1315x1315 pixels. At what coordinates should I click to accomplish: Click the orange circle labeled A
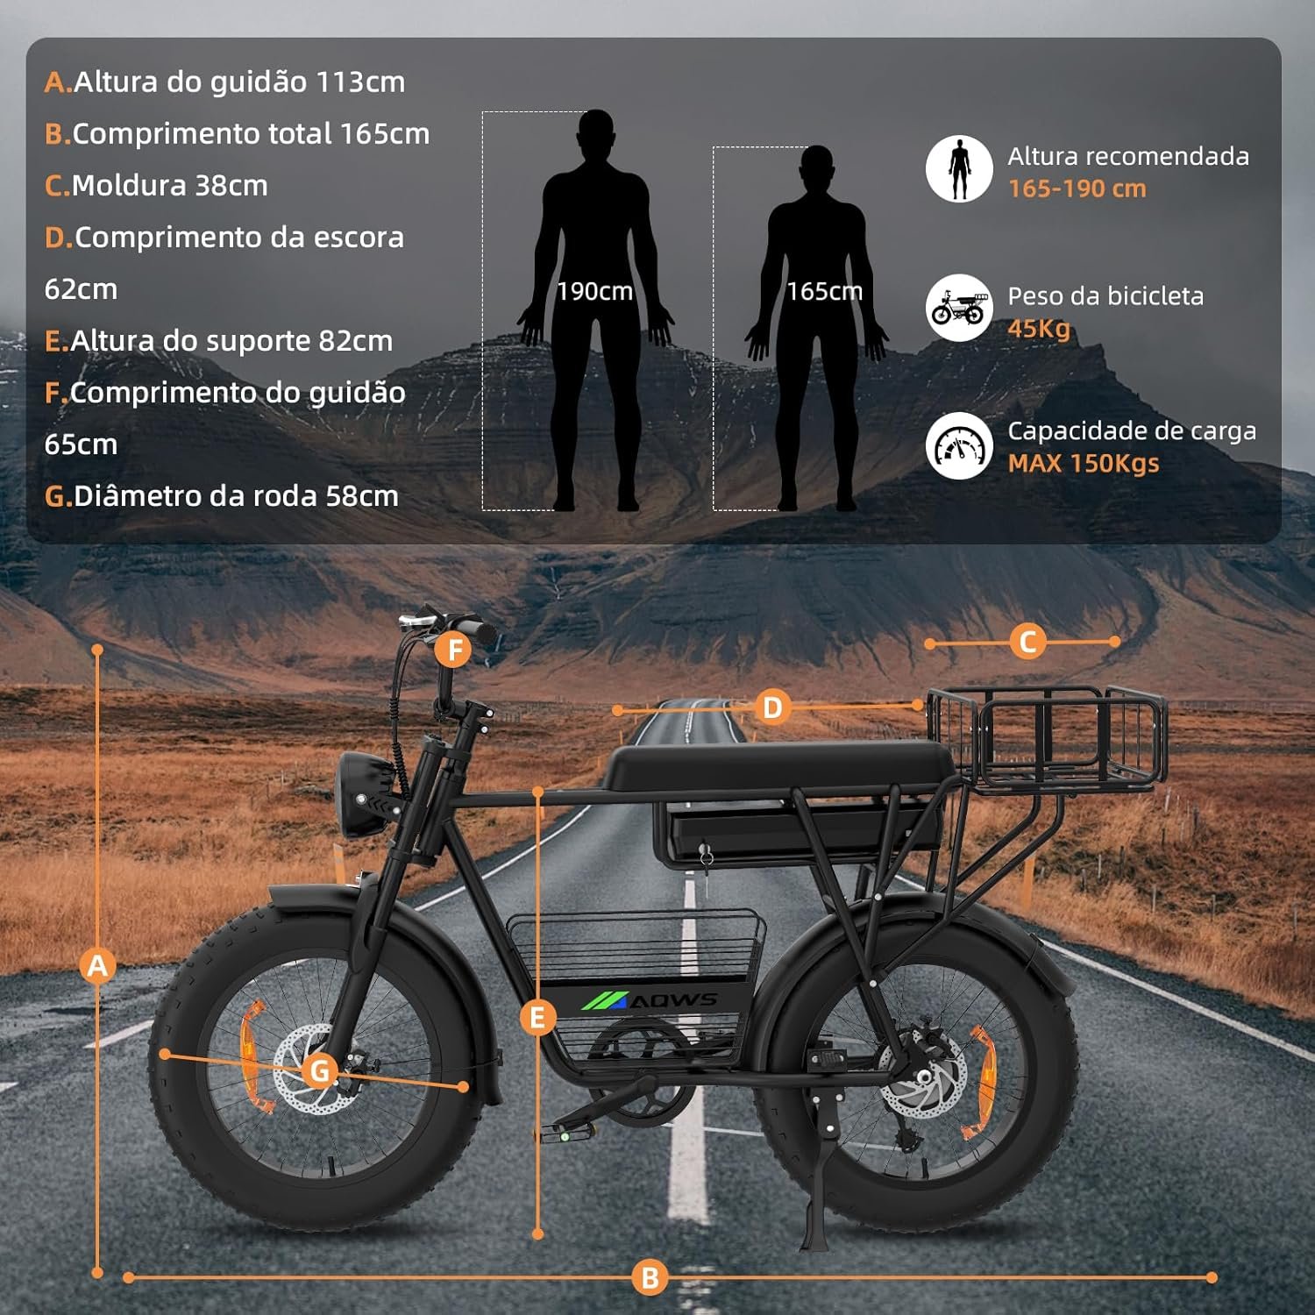(97, 965)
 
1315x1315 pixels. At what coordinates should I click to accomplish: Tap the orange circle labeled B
(650, 1277)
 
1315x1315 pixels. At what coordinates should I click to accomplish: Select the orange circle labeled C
(1027, 642)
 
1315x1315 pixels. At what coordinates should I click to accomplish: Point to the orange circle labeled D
(771, 707)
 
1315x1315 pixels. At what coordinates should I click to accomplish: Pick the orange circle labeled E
(537, 1017)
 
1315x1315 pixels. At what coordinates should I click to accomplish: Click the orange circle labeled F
(454, 650)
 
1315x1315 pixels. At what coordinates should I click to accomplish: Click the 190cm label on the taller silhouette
(594, 291)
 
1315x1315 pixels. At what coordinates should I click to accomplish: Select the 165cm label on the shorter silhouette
(824, 291)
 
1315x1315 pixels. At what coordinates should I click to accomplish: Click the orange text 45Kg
(1039, 329)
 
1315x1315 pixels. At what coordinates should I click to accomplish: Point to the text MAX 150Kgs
(1084, 463)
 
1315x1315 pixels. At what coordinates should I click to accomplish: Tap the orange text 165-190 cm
(1077, 188)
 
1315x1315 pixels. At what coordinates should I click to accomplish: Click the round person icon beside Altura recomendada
(959, 168)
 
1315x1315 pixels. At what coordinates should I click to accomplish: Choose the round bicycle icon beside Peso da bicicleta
(959, 309)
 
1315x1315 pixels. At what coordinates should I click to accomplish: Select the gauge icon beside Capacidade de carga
(959, 445)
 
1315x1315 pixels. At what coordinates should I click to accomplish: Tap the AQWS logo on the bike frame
(650, 1000)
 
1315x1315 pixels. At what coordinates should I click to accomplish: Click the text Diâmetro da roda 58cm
(222, 496)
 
